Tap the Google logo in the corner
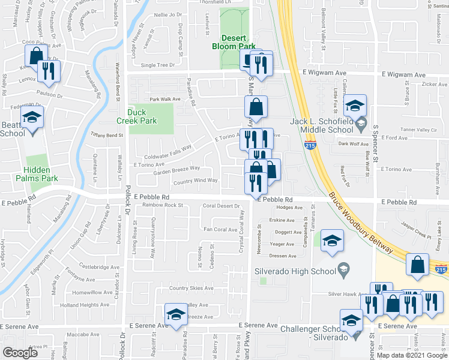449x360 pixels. pos(20,353)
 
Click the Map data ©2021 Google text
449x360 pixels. pos(411,356)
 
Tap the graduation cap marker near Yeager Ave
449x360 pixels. pos(330,241)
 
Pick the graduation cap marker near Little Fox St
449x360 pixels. pos(355,106)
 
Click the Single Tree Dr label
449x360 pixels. pos(157,65)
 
